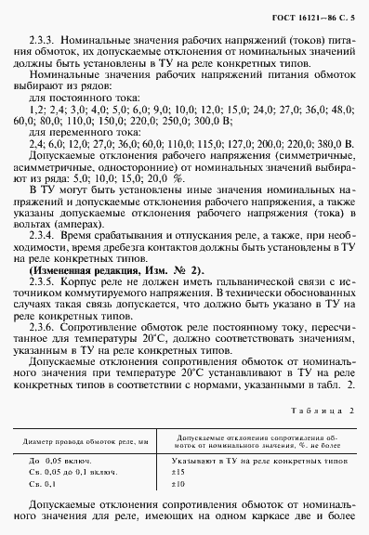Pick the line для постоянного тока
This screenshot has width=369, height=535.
coord(81,96)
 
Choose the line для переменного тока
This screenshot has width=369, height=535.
coord(81,132)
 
